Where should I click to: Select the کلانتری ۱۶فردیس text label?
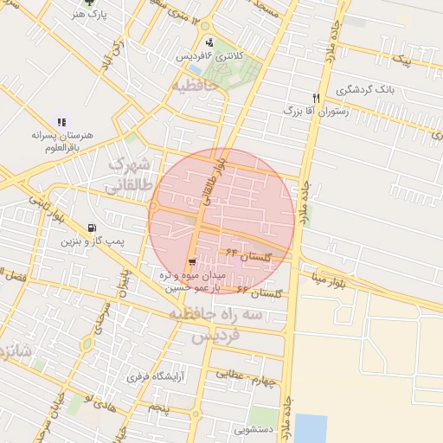(210, 55)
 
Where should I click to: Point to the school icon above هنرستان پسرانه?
(61, 123)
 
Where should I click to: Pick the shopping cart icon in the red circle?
(191, 262)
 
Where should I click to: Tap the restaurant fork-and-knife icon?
(317, 98)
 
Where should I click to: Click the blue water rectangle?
(311, 427)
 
